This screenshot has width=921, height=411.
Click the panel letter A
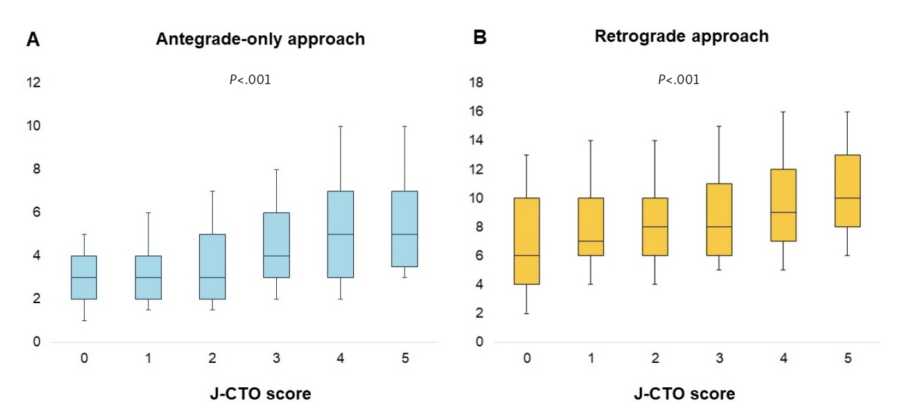(33, 40)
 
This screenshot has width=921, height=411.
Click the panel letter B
(479, 38)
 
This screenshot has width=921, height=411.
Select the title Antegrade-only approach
(260, 39)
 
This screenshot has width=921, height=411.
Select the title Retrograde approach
(681, 36)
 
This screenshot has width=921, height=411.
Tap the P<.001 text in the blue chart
(250, 80)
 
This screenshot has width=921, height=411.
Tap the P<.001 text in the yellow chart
(678, 80)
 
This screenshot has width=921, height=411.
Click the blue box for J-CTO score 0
(83, 277)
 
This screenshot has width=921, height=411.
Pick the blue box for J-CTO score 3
(276, 245)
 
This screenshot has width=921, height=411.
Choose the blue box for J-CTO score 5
(405, 229)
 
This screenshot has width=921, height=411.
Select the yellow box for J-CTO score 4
(783, 205)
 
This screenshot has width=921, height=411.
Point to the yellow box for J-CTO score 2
(654, 227)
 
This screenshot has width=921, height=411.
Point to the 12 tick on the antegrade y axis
(33, 83)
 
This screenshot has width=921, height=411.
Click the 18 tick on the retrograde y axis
(476, 83)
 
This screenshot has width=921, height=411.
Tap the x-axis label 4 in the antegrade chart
(340, 358)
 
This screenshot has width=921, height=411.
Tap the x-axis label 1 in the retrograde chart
(590, 358)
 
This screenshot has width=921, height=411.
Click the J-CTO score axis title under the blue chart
(260, 393)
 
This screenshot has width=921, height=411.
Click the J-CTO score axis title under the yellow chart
(684, 393)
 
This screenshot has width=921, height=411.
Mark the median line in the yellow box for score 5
(847, 198)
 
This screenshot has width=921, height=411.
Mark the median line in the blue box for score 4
(340, 234)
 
